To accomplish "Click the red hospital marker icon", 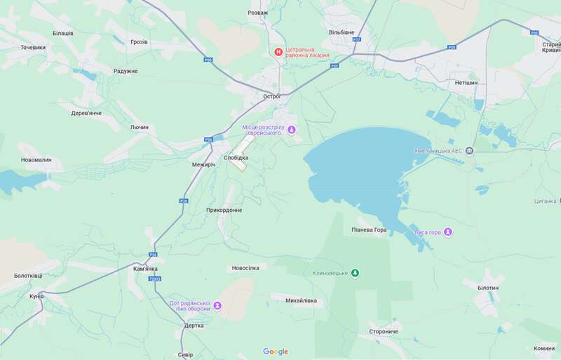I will coord(278,51).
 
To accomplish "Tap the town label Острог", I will coord(271,95).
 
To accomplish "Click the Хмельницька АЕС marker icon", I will coord(469,150).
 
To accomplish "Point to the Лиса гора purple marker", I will coord(448,232).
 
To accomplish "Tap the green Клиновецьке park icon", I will coord(355,273).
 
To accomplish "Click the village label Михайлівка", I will coord(301,300).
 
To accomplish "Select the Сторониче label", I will coord(384,331).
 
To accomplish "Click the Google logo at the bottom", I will coord(276,352).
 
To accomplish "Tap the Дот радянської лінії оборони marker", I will coord(217,306).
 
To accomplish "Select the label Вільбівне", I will coord(342,33).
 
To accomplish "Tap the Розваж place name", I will coord(258,13).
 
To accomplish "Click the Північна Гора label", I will coord(370,230).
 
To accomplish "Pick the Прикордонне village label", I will coord(224,210).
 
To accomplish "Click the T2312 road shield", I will coord(154,279).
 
